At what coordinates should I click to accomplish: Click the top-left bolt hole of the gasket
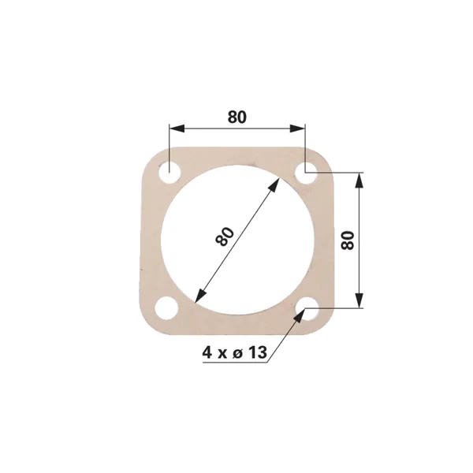point(169,172)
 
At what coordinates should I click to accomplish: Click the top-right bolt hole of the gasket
point(306,172)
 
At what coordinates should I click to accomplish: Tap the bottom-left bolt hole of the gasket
point(166,307)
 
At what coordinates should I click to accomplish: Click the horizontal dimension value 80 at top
point(237,117)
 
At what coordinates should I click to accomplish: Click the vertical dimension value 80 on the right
point(348,240)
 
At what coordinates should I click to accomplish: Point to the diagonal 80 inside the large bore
point(225,236)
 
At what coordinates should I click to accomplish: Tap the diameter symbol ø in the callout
point(238,353)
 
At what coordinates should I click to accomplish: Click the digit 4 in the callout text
point(207,352)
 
